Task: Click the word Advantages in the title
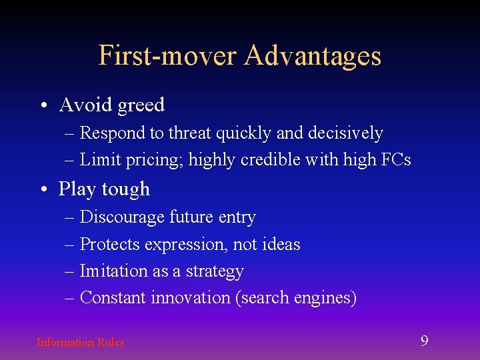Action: [x=312, y=55]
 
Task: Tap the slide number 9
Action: [x=424, y=341]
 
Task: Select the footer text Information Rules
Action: [x=80, y=342]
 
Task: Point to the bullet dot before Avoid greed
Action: [x=43, y=105]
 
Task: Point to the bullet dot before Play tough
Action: [x=43, y=189]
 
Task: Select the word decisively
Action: [x=345, y=133]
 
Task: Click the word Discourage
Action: [x=122, y=217]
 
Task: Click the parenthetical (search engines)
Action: [x=296, y=298]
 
